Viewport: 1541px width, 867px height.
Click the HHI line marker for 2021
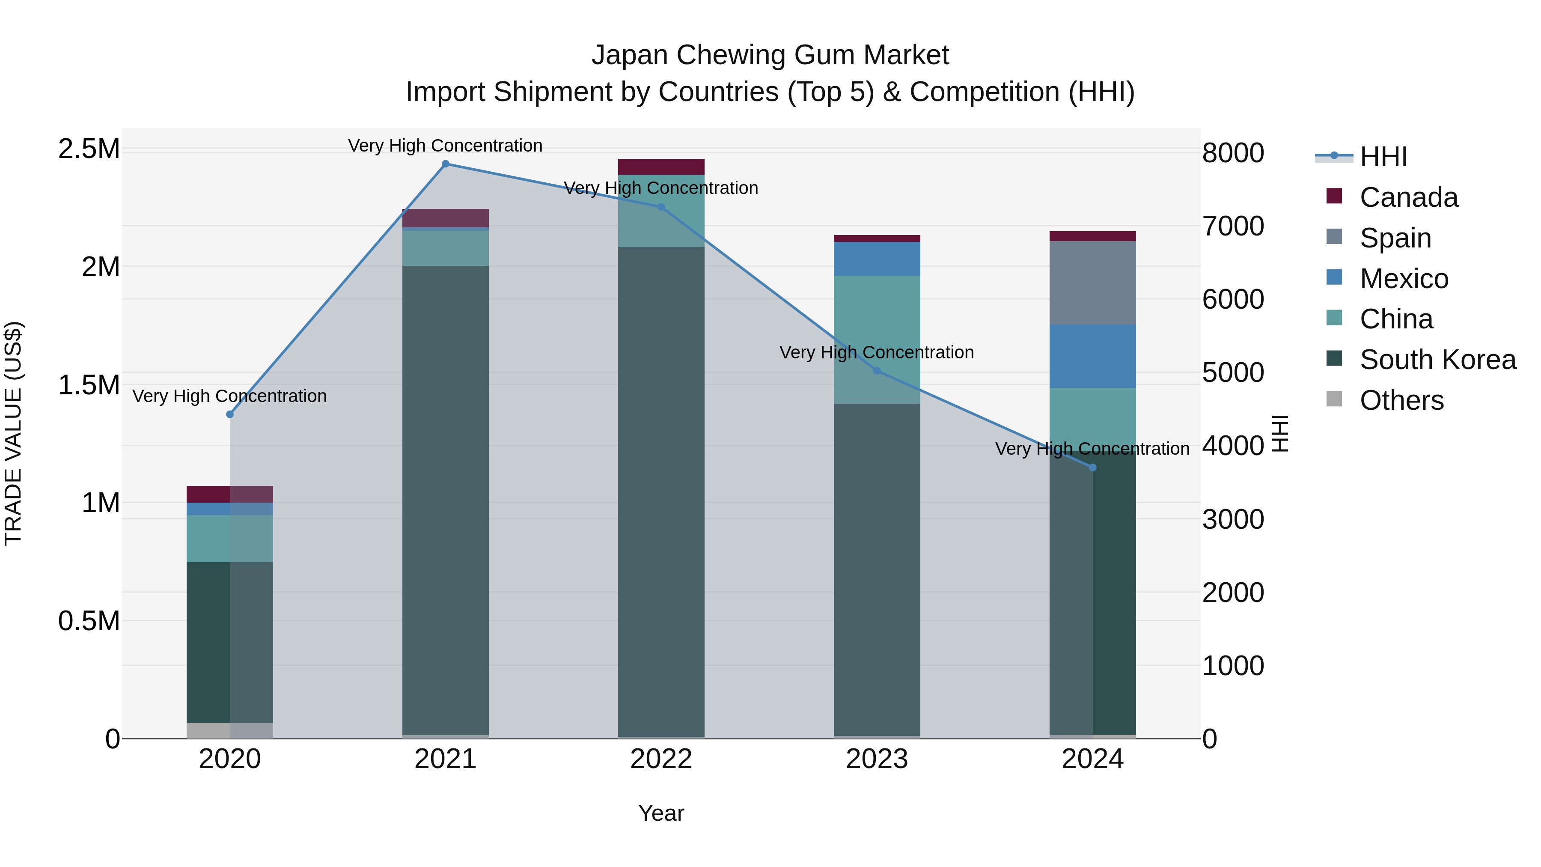point(445,164)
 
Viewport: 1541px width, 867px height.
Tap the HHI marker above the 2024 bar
point(1092,467)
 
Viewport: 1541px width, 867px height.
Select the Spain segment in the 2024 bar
point(1092,283)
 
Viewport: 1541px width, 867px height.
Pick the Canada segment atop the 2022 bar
point(661,167)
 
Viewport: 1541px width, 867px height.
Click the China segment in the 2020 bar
point(230,538)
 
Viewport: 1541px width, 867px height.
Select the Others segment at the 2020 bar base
point(230,730)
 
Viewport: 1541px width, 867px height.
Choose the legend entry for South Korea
point(1437,360)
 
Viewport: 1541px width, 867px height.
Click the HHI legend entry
point(1383,157)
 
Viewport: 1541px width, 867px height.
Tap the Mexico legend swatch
point(1334,277)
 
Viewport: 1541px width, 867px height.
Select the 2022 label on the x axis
point(661,759)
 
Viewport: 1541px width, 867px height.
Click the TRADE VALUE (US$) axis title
point(13,433)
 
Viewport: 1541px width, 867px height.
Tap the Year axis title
point(661,813)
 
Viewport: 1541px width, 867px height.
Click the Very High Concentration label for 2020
point(230,396)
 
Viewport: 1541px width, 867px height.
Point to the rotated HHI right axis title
point(1279,433)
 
